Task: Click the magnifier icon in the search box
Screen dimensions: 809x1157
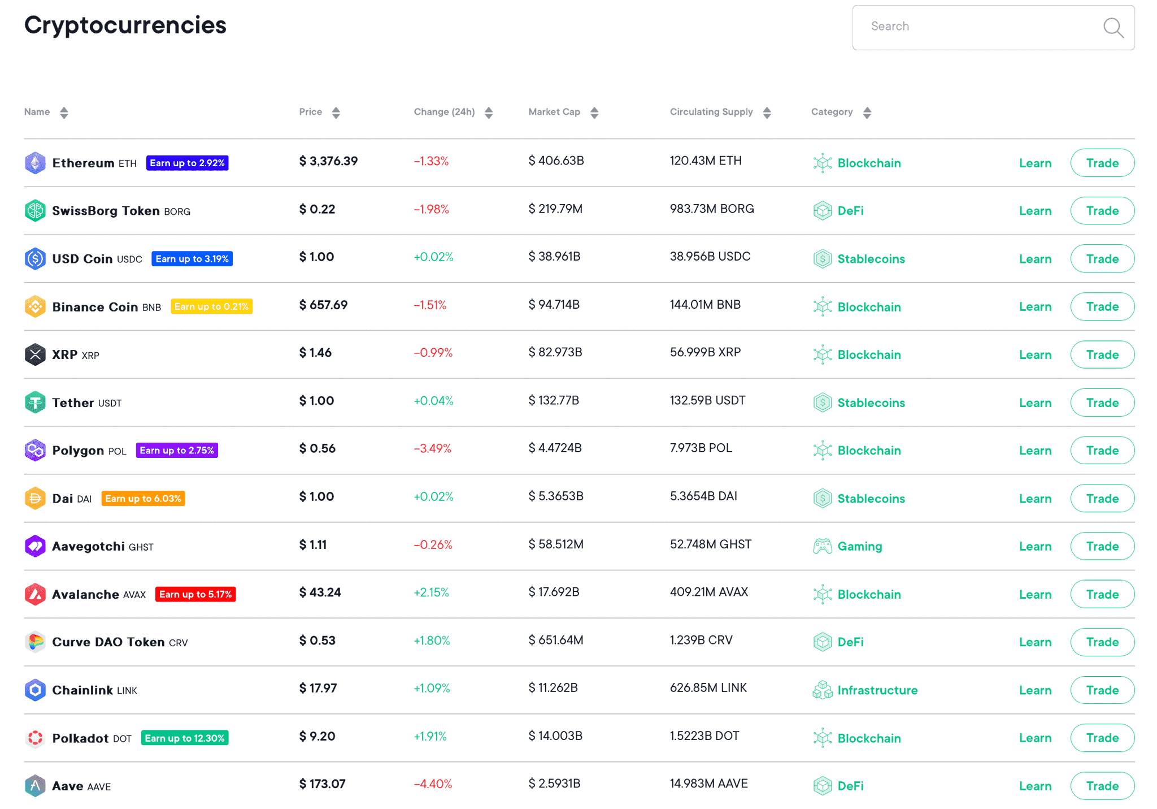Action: [1113, 27]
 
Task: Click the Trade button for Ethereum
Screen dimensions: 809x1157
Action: [1102, 163]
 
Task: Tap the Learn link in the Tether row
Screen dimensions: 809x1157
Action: [1035, 403]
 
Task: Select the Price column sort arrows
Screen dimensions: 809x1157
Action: [336, 113]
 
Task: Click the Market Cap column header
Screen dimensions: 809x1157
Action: [554, 112]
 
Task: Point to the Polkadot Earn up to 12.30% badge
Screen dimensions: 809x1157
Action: [185, 738]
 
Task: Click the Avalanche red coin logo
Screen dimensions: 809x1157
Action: [35, 594]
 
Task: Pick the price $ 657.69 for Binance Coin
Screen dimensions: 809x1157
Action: [323, 305]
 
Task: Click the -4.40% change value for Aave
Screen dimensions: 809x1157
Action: [433, 784]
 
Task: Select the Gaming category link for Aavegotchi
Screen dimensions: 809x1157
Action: [859, 546]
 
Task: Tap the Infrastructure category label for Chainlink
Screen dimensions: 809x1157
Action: [877, 690]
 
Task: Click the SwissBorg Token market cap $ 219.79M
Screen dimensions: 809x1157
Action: [555, 209]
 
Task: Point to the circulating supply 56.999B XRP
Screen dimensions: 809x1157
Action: [705, 352]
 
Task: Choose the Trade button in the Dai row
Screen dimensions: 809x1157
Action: [1102, 499]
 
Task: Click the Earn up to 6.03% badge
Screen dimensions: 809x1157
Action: [143, 499]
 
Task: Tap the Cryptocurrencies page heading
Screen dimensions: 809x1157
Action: [125, 25]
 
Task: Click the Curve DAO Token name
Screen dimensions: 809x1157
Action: [108, 642]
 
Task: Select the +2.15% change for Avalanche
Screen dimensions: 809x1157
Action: [431, 592]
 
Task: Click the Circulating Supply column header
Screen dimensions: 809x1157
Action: [711, 112]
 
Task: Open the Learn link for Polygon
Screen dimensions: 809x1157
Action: [1035, 451]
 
